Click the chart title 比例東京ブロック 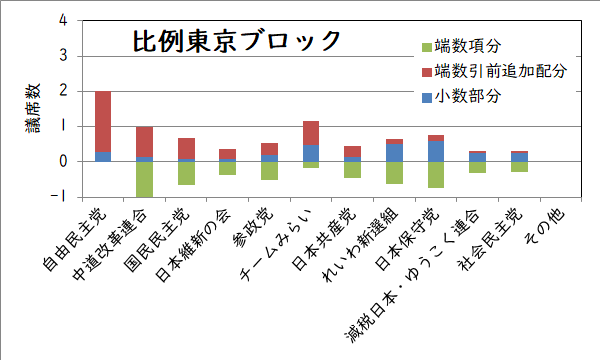point(237,41)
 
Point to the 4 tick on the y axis point(63,20)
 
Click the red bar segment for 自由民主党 point(103,121)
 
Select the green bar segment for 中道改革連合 point(144,179)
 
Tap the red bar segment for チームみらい point(310,133)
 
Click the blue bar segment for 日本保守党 point(435,151)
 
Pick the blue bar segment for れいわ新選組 point(394,152)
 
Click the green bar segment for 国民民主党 point(186,173)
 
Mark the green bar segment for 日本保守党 point(435,174)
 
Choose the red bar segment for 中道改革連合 point(144,141)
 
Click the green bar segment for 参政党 point(269,170)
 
